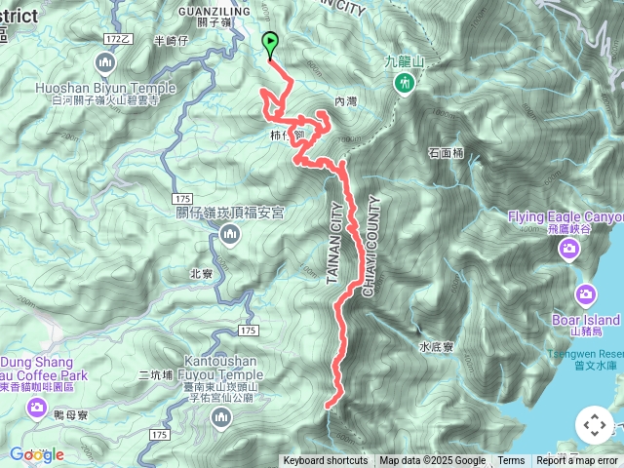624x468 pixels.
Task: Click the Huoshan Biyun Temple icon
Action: [105, 64]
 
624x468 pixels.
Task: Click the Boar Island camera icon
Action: [586, 294]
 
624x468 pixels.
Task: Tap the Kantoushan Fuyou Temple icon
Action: [222, 418]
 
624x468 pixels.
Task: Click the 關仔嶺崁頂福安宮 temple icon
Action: [230, 233]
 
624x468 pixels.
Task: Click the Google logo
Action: [37, 454]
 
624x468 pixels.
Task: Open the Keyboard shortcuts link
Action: [326, 461]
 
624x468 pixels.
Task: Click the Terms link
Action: [511, 461]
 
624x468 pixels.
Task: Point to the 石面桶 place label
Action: [448, 153]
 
